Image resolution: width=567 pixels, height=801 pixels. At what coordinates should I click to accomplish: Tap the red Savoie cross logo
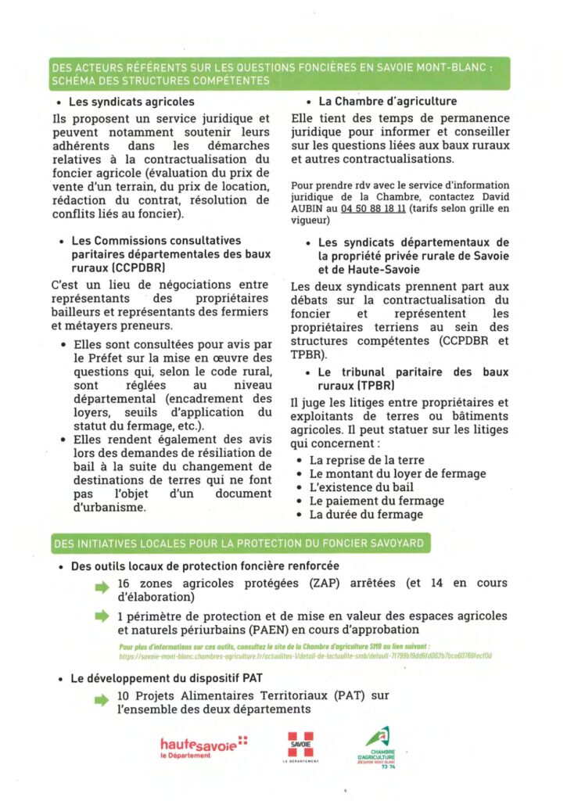pyautogui.click(x=300, y=745)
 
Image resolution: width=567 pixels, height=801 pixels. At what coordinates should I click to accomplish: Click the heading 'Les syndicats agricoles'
pyautogui.click(x=132, y=102)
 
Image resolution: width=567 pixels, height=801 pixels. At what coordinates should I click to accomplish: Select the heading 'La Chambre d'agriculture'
pyautogui.click(x=387, y=102)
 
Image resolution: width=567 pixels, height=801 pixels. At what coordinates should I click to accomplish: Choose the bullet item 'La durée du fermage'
pyautogui.click(x=366, y=514)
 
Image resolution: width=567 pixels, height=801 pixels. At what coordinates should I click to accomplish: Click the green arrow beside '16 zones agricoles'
pyautogui.click(x=102, y=586)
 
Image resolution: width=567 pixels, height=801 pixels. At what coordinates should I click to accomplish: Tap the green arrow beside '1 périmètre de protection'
pyautogui.click(x=102, y=617)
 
